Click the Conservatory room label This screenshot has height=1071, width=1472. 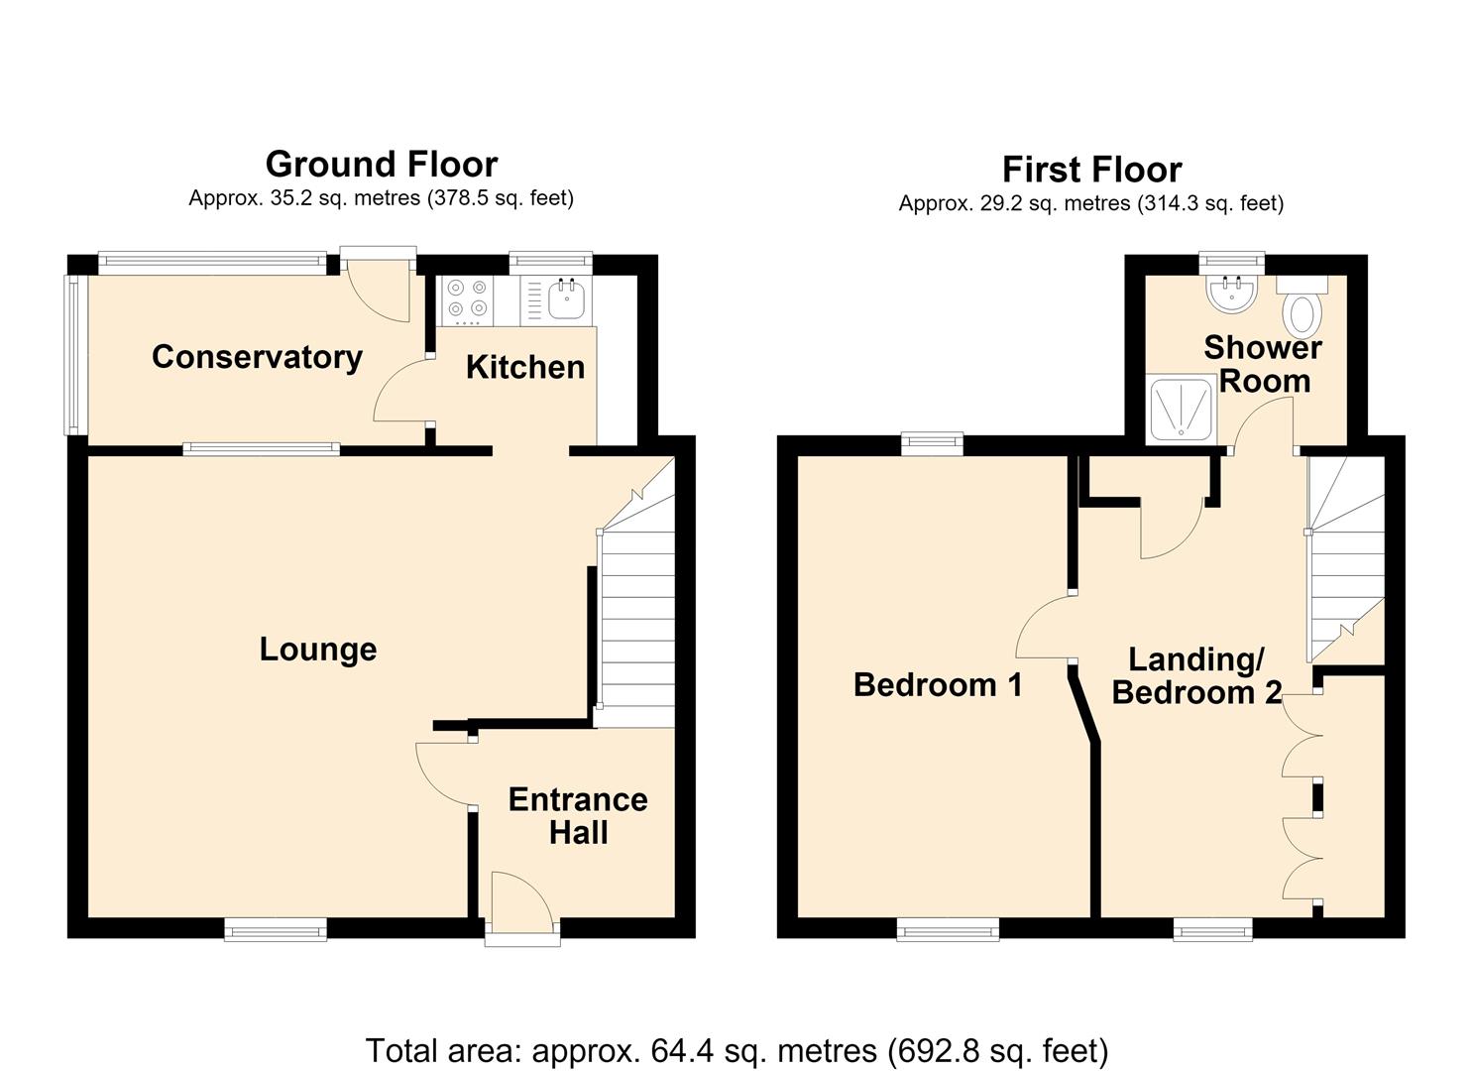(257, 358)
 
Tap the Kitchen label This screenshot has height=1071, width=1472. (525, 367)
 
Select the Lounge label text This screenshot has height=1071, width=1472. (318, 650)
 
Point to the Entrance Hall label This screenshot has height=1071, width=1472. (578, 816)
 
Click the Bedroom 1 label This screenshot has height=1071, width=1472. (938, 684)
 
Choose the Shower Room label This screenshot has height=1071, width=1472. (1263, 364)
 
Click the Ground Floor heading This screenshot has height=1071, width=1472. (382, 164)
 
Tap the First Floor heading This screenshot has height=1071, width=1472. (1091, 169)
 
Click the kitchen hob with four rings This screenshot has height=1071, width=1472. (468, 300)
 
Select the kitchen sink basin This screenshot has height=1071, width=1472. (566, 299)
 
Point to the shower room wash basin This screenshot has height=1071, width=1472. (1231, 294)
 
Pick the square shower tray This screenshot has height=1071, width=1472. (1181, 409)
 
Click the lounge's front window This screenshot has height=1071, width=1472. (276, 930)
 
